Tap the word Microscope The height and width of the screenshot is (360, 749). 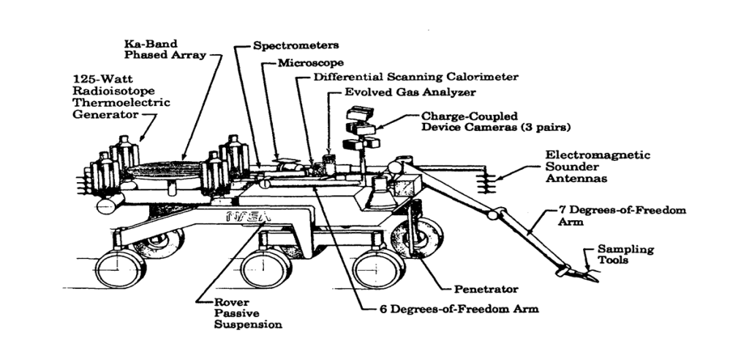click(x=310, y=63)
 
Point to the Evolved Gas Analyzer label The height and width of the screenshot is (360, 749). click(x=410, y=93)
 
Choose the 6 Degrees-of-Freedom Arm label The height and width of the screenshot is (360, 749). click(x=459, y=308)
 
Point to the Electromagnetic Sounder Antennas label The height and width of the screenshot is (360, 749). click(x=598, y=168)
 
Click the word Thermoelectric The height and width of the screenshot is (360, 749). click(x=121, y=103)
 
